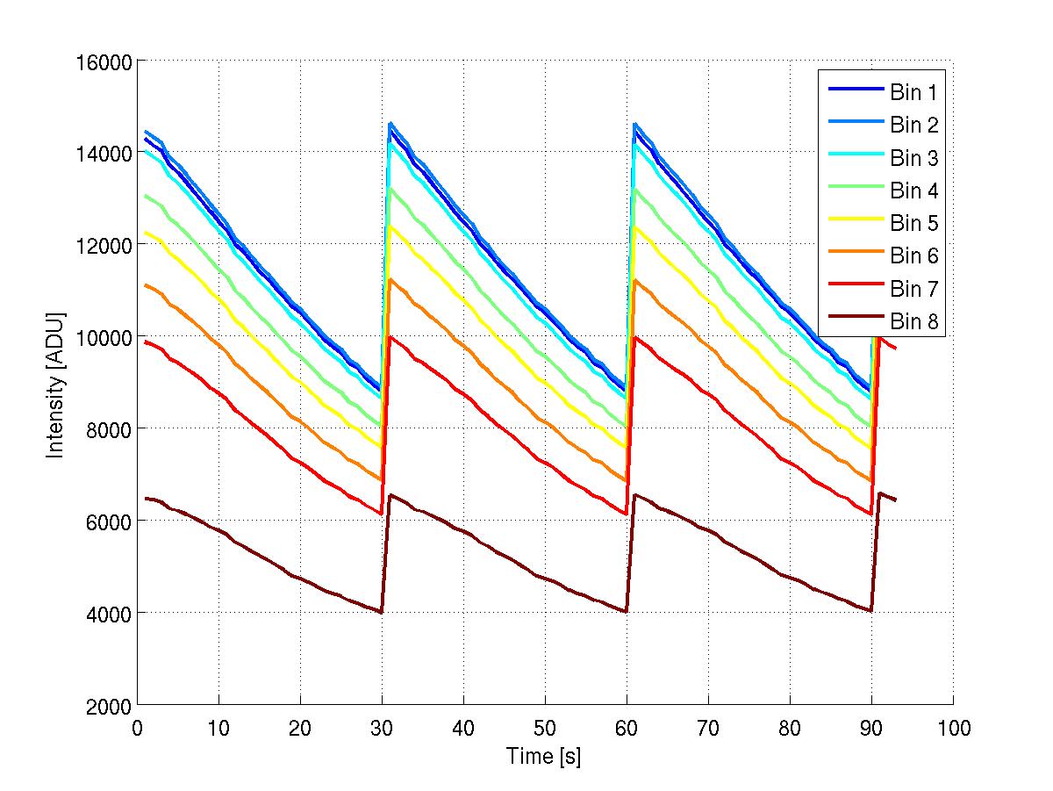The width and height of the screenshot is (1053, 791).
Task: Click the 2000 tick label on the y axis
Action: tap(111, 705)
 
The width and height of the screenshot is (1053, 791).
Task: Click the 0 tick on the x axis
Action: tap(138, 728)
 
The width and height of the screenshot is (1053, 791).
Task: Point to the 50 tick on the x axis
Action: tap(545, 728)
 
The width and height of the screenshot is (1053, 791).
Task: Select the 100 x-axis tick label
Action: tap(953, 728)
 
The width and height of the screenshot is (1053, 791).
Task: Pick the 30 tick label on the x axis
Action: tap(382, 728)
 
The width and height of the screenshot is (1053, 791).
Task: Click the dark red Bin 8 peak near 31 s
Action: tap(390, 495)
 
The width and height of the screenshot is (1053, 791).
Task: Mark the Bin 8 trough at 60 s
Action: tap(626, 612)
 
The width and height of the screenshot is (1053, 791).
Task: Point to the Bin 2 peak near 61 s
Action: tap(635, 124)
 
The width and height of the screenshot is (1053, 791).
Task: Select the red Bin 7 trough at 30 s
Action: tap(382, 514)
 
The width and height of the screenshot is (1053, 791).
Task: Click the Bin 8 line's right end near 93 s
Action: tap(896, 500)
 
